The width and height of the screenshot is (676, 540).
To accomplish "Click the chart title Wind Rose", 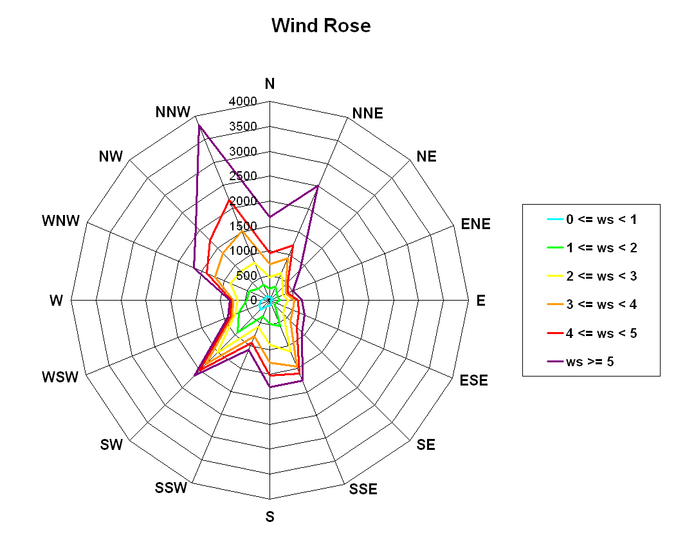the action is click(x=321, y=26).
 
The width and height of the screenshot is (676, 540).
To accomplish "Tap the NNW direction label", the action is click(x=172, y=112).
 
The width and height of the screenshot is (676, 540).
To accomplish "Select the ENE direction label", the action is click(x=475, y=224).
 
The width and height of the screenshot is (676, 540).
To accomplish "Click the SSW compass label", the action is click(x=170, y=488).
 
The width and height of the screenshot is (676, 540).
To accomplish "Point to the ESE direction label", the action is click(x=474, y=380).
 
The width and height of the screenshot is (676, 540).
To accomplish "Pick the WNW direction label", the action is click(x=61, y=221).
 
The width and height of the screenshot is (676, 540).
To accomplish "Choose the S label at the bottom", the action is click(x=269, y=517).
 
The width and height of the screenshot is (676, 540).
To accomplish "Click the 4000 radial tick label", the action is click(x=242, y=101).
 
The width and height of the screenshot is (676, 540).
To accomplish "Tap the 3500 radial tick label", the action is click(x=242, y=126).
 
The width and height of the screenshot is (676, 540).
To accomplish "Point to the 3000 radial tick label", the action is click(x=242, y=151).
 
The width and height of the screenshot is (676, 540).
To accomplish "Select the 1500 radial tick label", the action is click(x=242, y=226).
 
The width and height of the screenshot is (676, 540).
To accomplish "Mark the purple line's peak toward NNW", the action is click(x=199, y=126).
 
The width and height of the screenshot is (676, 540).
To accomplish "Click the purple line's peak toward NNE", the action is click(x=317, y=186).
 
